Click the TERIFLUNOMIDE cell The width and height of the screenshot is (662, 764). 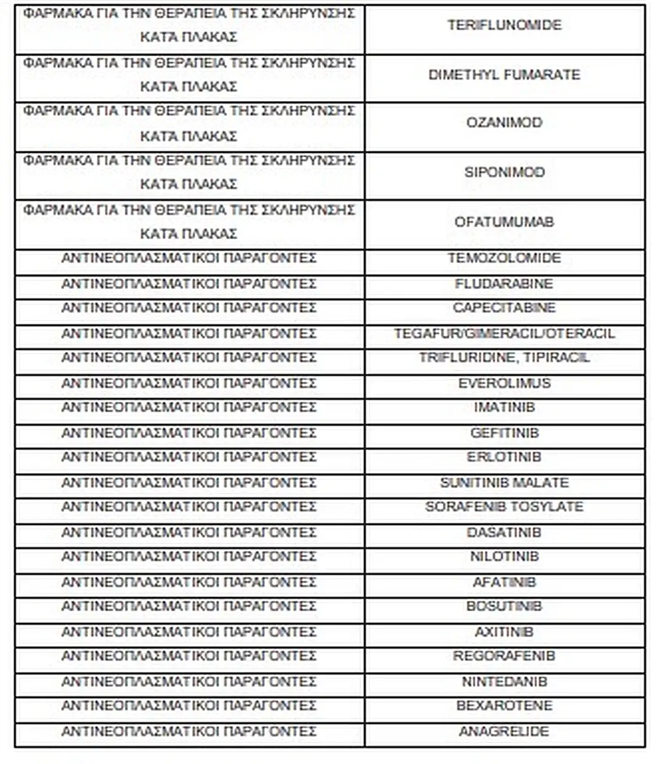tap(504, 25)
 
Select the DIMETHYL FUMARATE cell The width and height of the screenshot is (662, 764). tap(504, 75)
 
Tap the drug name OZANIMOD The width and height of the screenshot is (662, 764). tap(504, 123)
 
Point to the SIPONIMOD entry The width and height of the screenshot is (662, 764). tap(504, 172)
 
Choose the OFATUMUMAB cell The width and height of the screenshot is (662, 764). tap(504, 222)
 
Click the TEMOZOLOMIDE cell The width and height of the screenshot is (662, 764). tap(504, 258)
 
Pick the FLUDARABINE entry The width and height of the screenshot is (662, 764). tap(504, 284)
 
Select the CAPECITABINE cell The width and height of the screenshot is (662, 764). tap(504, 308)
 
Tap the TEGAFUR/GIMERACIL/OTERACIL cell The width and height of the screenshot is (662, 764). tap(504, 334)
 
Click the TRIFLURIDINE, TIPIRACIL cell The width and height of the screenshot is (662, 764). tap(504, 358)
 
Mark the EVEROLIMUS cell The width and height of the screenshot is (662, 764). tap(504, 383)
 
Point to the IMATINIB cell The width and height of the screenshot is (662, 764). tap(504, 407)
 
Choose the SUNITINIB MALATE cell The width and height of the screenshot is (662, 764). tap(504, 482)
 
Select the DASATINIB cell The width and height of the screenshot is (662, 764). tap(504, 532)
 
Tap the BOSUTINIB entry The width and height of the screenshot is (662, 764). tap(504, 606)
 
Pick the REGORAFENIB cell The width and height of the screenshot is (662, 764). tap(504, 656)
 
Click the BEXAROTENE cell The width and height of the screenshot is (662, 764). tap(504, 705)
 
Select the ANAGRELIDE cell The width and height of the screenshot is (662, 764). tap(504, 732)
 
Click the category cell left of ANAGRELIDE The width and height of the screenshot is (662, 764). tap(188, 732)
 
